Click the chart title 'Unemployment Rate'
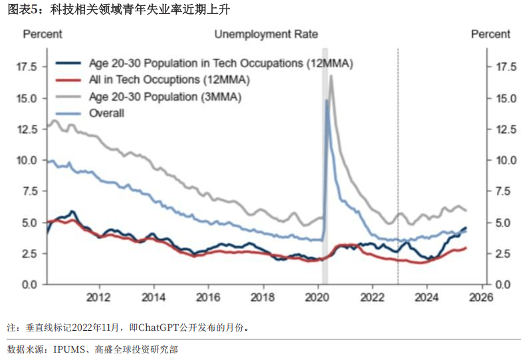[266, 35]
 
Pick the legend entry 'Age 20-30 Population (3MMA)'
[165, 96]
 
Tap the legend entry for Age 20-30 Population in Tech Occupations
[220, 64]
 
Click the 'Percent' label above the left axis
[43, 35]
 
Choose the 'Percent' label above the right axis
[491, 35]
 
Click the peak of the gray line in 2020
[331, 76]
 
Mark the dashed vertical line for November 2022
[397, 166]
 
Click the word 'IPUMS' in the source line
[69, 349]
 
